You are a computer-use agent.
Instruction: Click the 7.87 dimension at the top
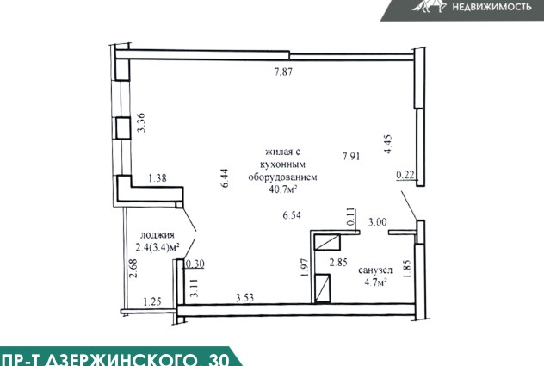coord(283,71)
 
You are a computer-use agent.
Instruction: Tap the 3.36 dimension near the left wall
coord(141,123)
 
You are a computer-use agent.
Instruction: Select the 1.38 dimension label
coord(158,178)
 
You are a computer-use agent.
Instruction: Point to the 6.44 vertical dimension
coord(225,178)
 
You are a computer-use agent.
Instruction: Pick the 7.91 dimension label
coord(351,156)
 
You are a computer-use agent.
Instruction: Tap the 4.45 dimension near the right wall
coord(387,144)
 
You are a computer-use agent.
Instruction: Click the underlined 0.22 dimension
coord(405,175)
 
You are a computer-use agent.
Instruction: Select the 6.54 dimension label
coord(292,215)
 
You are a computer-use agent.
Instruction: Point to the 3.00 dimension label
coord(378,222)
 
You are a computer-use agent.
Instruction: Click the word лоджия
coord(158,235)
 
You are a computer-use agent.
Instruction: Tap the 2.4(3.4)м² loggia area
coord(158,247)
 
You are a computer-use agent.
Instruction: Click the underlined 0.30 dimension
coord(195,264)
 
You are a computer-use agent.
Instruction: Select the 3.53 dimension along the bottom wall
coord(245,298)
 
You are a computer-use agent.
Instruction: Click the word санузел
coord(375,270)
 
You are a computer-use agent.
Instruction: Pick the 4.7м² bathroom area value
coord(375,282)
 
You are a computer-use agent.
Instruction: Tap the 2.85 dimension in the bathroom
coord(338,262)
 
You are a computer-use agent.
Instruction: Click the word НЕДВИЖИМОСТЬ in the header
coord(492,6)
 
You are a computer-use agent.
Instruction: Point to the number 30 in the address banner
coord(219,360)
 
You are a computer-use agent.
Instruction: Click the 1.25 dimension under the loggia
coord(152,301)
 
